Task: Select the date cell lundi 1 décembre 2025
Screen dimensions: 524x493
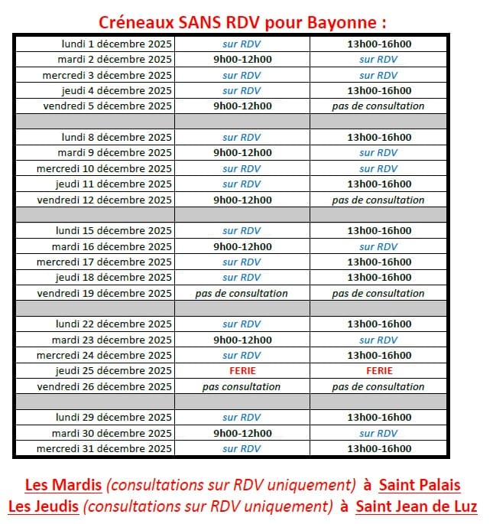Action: coord(117,44)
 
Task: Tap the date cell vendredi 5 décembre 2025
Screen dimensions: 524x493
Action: coord(108,106)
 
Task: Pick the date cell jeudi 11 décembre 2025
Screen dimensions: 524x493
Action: coord(114,184)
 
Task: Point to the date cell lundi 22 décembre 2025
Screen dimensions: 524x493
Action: coord(114,324)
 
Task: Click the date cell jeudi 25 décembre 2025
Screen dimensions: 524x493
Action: coord(114,371)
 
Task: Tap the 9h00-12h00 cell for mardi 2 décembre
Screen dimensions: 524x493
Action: coord(242,59)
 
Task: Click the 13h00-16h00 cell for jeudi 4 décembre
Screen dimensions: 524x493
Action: coord(378,90)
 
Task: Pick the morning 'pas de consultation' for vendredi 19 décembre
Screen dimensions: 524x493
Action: coord(242,293)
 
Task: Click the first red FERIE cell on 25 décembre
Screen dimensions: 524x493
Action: coord(242,371)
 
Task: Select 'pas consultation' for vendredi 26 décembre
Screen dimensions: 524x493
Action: coord(242,387)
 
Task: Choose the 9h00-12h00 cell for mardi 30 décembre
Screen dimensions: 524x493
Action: coord(242,434)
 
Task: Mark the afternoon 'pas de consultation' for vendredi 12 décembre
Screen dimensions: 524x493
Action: coord(378,200)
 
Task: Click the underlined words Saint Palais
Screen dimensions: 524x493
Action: coord(420,485)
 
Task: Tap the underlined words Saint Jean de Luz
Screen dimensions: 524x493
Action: coord(417,506)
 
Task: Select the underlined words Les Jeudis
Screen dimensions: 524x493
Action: coord(43,506)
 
